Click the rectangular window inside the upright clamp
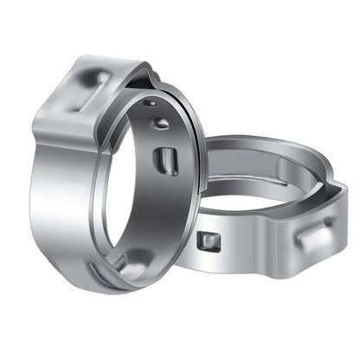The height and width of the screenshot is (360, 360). coord(167,161)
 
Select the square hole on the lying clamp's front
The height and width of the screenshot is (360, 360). coord(207,241)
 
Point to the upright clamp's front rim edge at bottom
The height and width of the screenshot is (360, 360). coord(147,281)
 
